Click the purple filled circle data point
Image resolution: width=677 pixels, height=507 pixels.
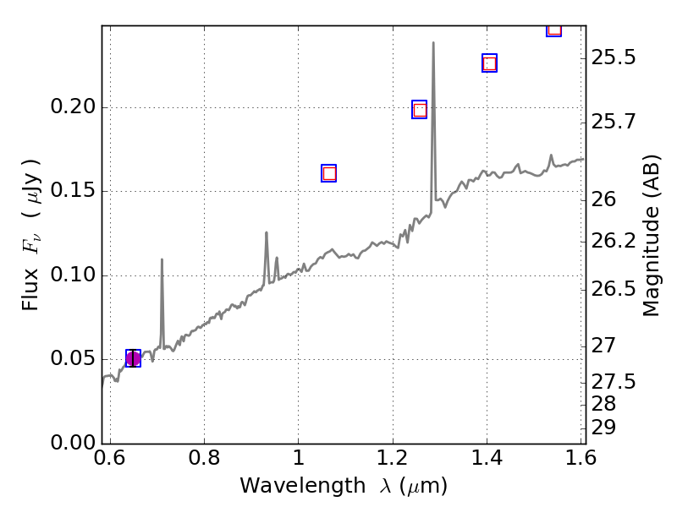133,358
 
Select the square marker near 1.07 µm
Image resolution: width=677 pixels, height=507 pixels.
329,173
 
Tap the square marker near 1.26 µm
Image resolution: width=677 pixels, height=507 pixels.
420,109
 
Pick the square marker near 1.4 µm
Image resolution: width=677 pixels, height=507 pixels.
489,63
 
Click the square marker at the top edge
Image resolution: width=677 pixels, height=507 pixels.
554,30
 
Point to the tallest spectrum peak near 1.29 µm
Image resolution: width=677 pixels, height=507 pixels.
433,42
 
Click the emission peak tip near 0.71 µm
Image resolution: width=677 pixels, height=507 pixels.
162,259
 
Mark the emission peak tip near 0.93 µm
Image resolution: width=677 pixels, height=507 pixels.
267,232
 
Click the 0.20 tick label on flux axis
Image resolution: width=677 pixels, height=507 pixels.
72,107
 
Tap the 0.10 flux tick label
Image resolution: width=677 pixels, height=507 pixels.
72,275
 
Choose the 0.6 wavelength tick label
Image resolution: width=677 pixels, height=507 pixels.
110,459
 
